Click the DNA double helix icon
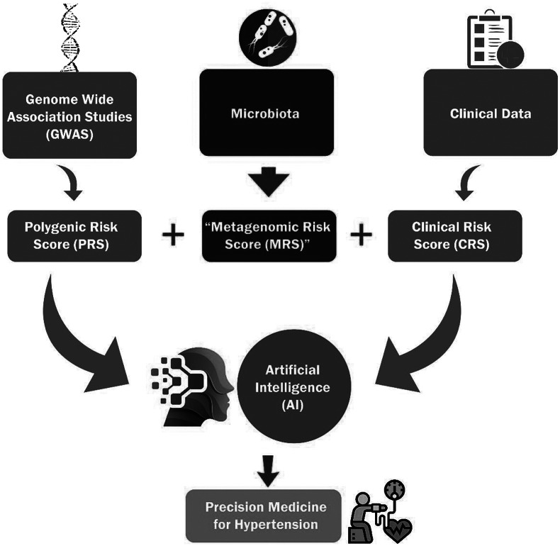pyautogui.click(x=69, y=37)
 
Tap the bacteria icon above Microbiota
pyautogui.click(x=267, y=36)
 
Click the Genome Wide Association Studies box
pyautogui.click(x=69, y=113)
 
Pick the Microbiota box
pyautogui.click(x=267, y=112)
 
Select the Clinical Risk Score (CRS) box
pyautogui.click(x=456, y=236)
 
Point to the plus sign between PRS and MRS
pyautogui.click(x=173, y=234)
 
